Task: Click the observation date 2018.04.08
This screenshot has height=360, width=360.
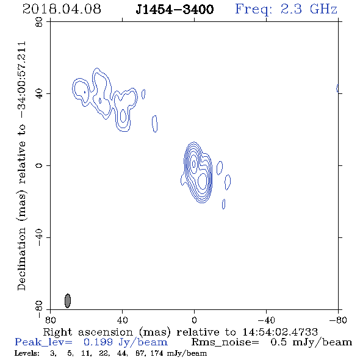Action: tap(62, 9)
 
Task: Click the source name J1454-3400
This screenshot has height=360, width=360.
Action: tap(175, 9)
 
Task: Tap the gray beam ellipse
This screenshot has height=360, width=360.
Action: tap(68, 301)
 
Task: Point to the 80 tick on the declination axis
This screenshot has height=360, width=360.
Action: tap(39, 22)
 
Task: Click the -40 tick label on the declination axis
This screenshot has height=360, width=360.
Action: tap(39, 237)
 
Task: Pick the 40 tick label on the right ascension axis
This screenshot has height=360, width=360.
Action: tap(122, 320)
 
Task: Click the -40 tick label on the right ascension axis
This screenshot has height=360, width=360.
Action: tap(266, 320)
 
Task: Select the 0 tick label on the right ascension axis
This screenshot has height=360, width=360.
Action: tap(194, 320)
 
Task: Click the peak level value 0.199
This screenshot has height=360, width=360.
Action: tap(98, 342)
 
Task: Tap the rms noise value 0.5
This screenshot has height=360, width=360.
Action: tap(278, 342)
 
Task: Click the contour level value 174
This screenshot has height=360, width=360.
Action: tap(157, 353)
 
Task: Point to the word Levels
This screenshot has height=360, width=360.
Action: tap(27, 353)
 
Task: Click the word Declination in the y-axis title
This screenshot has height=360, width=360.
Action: tap(21, 259)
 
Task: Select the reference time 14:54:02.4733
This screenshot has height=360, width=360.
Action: tap(280, 332)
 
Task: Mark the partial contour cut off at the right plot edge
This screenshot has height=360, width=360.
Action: tap(337, 88)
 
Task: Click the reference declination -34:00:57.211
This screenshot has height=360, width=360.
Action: tap(21, 80)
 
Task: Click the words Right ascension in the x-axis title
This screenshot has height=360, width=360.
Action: tap(88, 332)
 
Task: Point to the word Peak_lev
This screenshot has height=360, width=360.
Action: tap(43, 342)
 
